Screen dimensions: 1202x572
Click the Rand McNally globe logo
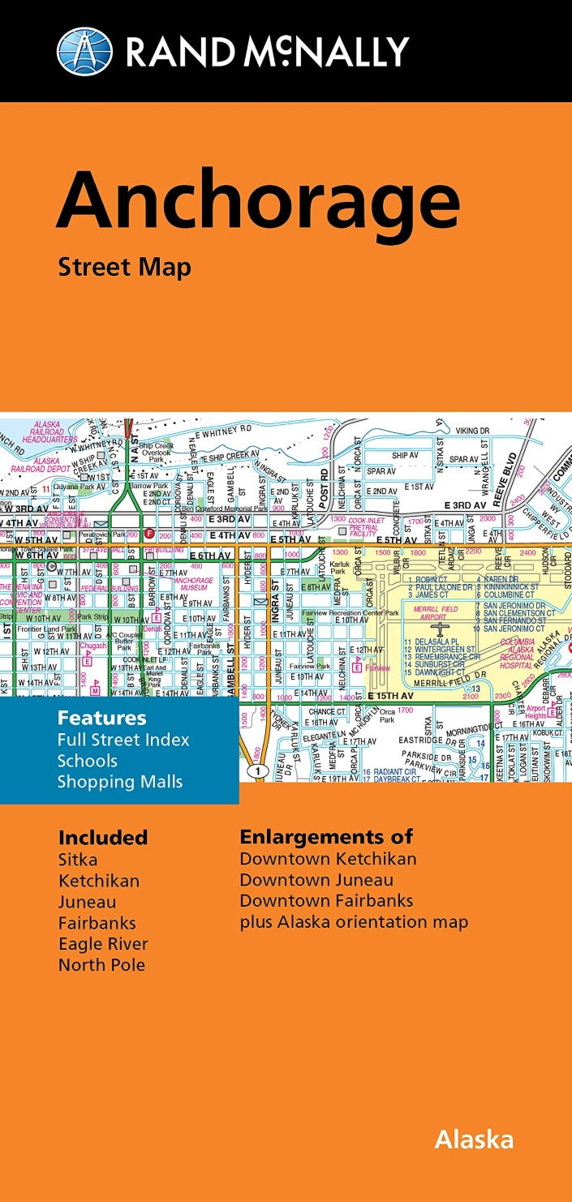click(84, 51)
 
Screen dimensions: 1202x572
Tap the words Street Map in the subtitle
click(124, 267)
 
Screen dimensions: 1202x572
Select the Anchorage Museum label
click(195, 585)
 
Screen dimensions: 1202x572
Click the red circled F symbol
click(148, 534)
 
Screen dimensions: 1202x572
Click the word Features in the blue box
click(101, 718)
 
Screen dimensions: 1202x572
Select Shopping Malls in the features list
click(119, 782)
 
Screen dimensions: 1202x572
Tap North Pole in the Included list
click(101, 965)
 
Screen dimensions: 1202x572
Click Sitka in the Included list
click(77, 860)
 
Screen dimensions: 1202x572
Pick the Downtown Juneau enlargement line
click(316, 880)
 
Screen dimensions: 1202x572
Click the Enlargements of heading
click(326, 837)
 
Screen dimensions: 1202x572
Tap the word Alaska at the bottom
click(474, 1140)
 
